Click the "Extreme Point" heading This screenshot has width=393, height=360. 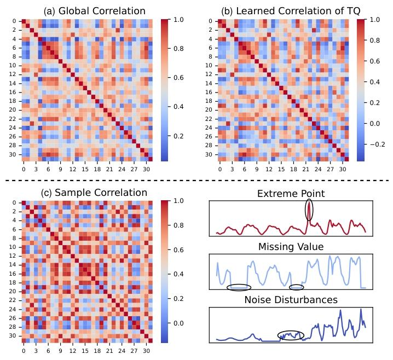291,194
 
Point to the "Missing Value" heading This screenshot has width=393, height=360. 291,247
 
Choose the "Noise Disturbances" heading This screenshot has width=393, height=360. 291,300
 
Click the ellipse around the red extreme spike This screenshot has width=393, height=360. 309,210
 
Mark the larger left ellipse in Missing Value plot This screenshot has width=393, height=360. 239,287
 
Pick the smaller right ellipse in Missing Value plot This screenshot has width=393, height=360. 296,287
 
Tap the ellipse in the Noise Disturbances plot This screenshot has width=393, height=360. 290,335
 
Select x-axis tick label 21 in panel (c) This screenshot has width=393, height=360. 109,351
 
